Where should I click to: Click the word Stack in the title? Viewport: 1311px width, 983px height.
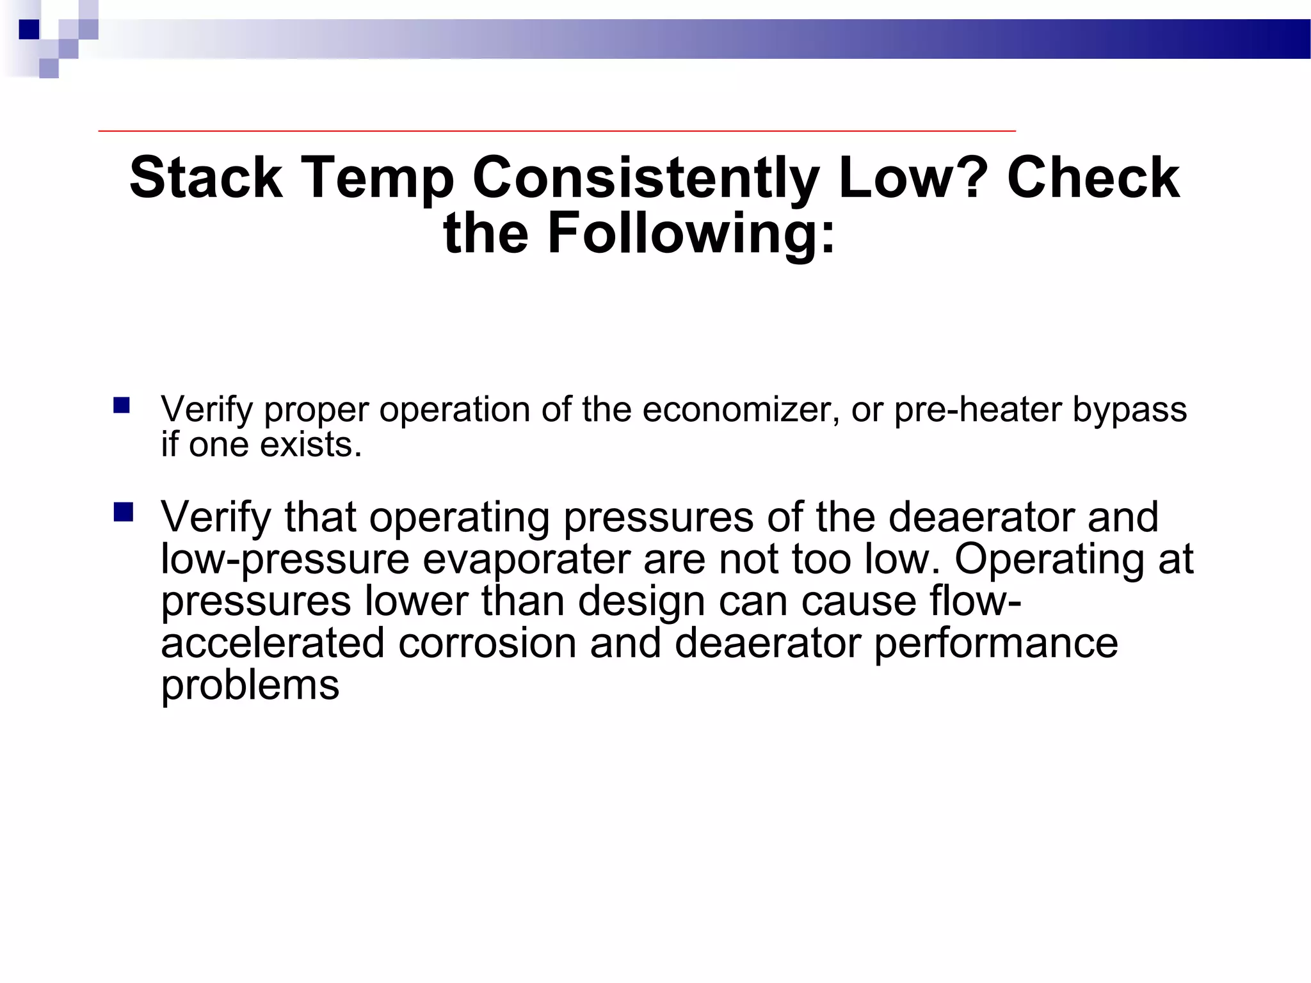pos(205,178)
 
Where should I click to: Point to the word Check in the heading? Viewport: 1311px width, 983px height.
pos(1093,178)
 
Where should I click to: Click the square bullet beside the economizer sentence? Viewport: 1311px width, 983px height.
pos(122,406)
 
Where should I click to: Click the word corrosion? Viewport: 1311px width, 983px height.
pos(487,643)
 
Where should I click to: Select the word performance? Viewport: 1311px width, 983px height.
pos(996,644)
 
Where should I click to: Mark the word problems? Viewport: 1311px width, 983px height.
pos(250,687)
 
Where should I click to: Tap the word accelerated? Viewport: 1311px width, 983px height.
pos(272,643)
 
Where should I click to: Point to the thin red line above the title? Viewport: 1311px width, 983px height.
pos(557,131)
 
